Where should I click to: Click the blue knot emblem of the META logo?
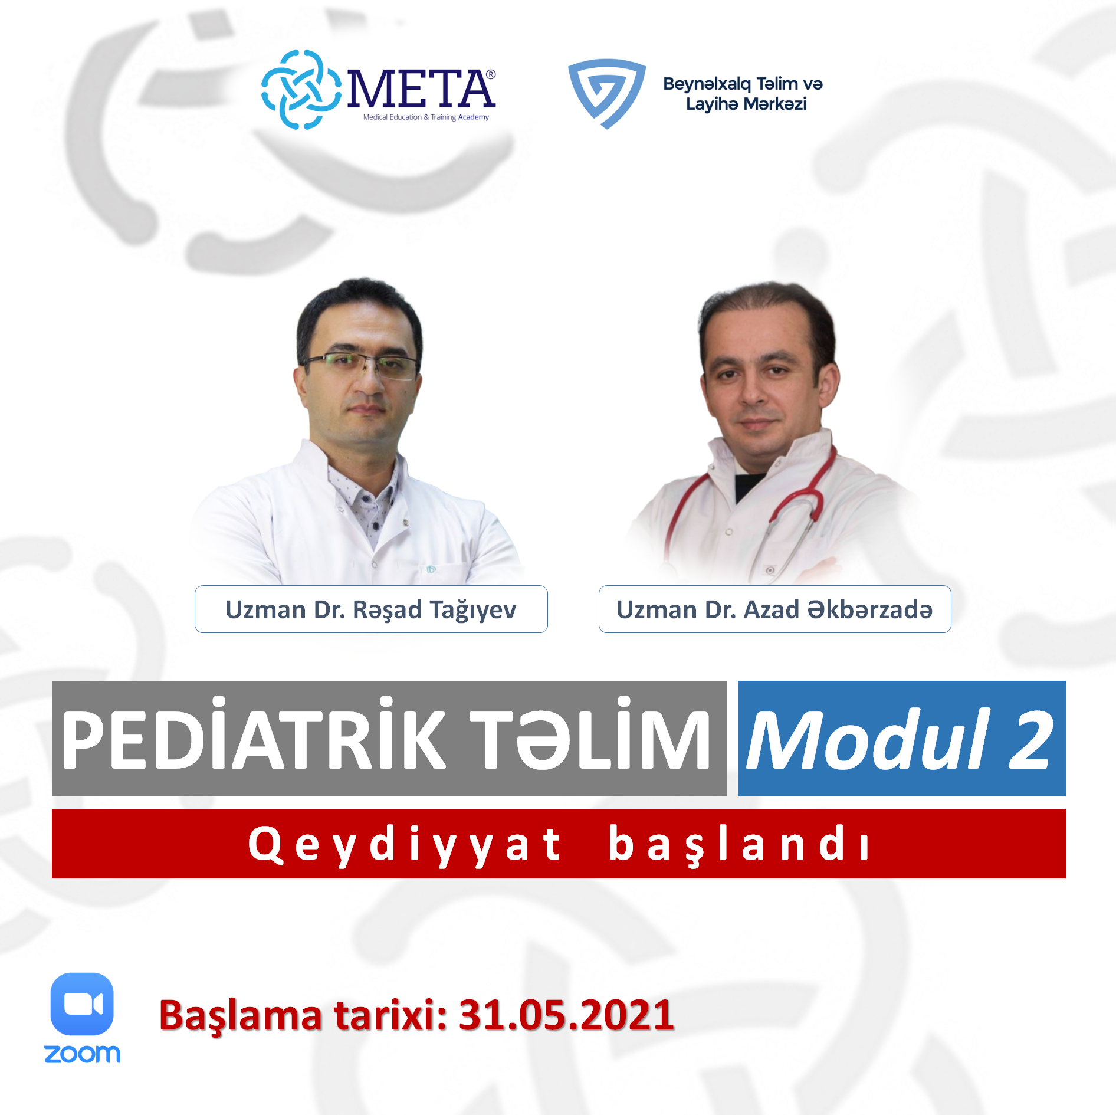(x=301, y=90)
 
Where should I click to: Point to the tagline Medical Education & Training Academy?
(x=426, y=117)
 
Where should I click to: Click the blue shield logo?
(x=606, y=93)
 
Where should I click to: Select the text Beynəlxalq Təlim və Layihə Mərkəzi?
(x=743, y=94)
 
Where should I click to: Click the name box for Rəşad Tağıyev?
(x=371, y=609)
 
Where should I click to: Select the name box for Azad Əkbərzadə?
(x=774, y=609)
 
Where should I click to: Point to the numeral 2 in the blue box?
(x=1030, y=740)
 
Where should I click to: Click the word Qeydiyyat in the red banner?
(x=405, y=845)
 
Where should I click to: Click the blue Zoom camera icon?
(x=82, y=1004)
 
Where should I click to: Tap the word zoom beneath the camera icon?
(x=82, y=1054)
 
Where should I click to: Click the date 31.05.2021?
(x=566, y=1015)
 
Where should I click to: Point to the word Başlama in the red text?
(x=241, y=1016)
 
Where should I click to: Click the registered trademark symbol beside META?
(x=491, y=74)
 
